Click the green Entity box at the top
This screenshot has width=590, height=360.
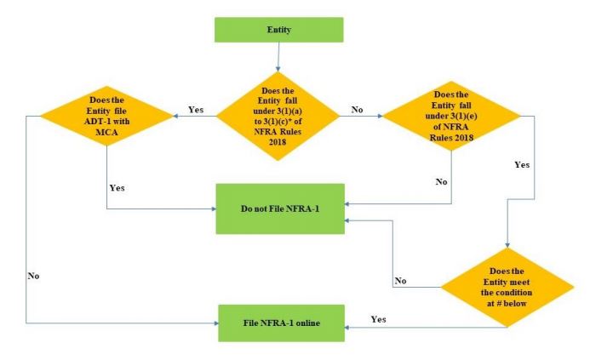(279, 31)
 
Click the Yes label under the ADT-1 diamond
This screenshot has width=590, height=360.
(117, 187)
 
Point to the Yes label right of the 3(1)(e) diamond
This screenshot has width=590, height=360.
(521, 164)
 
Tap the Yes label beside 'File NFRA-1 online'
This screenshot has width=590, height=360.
(379, 318)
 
